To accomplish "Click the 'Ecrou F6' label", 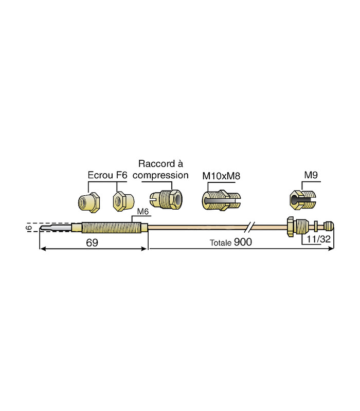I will click(x=107, y=176).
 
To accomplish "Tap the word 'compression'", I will click(x=161, y=175).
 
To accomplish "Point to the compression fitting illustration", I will click(x=165, y=198).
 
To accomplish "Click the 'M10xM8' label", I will click(x=222, y=176).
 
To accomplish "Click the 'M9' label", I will click(x=310, y=176).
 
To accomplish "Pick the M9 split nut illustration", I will click(x=303, y=199).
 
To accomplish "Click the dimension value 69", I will click(x=92, y=242).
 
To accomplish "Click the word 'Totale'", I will click(x=221, y=243).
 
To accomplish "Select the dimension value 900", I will click(x=243, y=242).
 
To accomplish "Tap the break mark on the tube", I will click(x=250, y=226).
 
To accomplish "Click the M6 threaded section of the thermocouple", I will click(x=111, y=227).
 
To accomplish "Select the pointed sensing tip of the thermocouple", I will click(x=51, y=227).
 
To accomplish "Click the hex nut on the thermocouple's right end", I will click(x=291, y=226).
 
